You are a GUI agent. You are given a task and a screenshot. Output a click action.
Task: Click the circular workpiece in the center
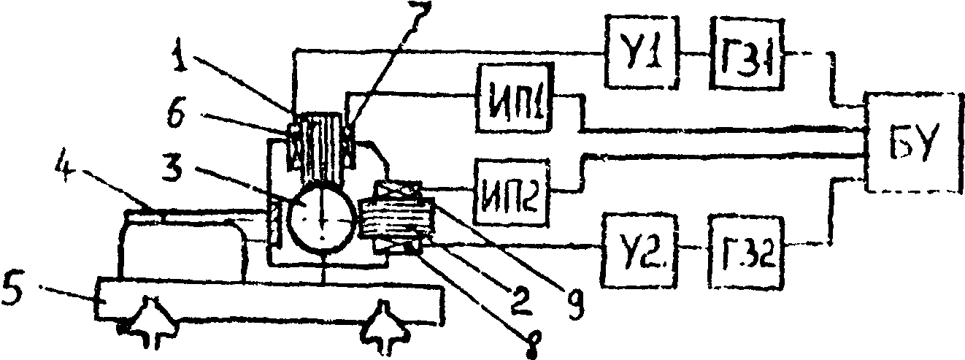[319, 218]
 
